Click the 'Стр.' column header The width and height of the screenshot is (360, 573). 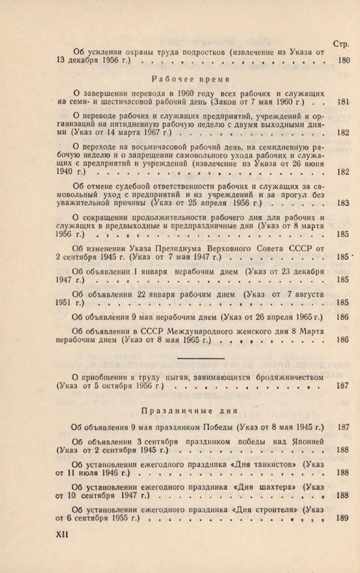click(341, 44)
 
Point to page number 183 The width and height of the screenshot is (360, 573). click(343, 203)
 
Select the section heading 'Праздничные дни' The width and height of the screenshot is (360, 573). click(189, 411)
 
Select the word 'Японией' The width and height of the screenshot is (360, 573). click(306, 441)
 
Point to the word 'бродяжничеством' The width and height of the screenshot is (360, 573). click(282, 377)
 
